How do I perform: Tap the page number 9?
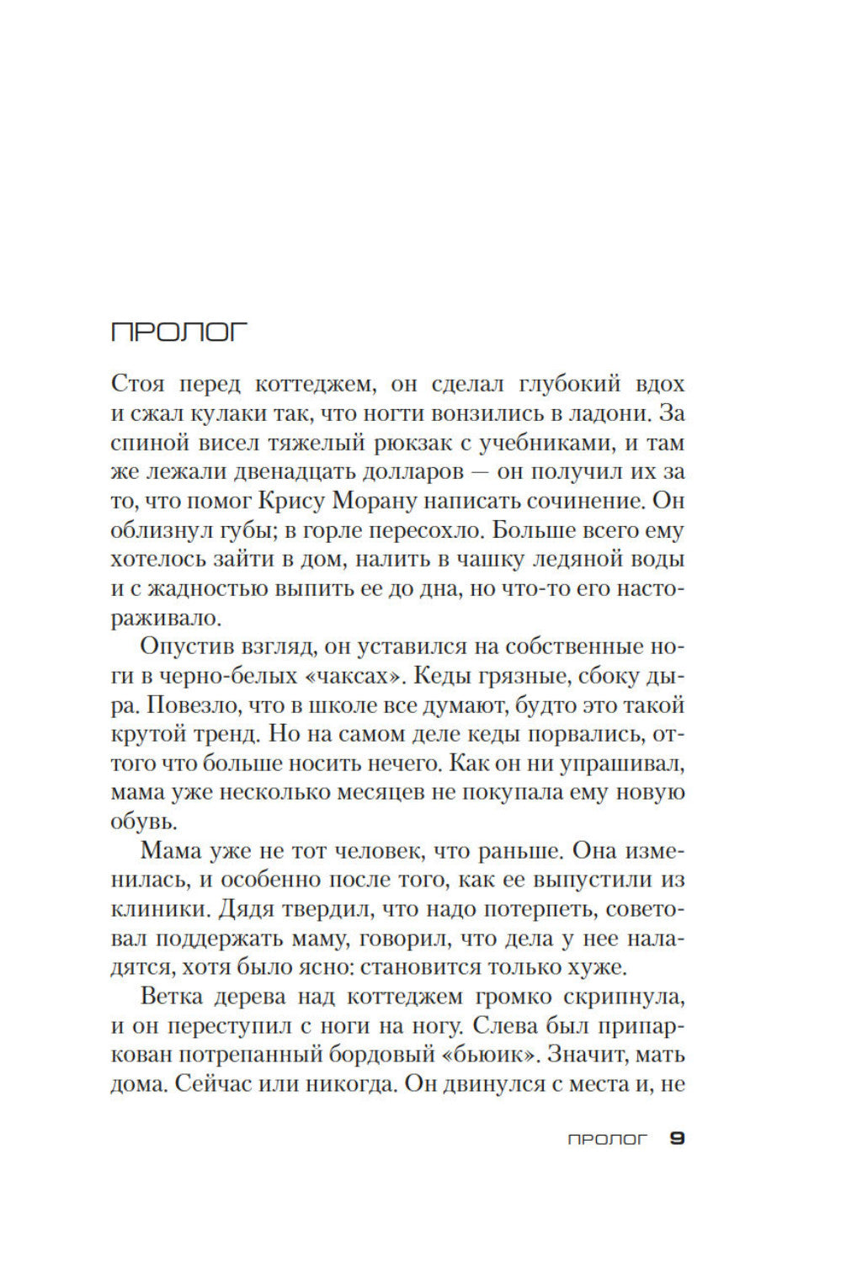677,1138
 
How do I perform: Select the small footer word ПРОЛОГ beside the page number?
607,1139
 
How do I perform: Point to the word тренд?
228,734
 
